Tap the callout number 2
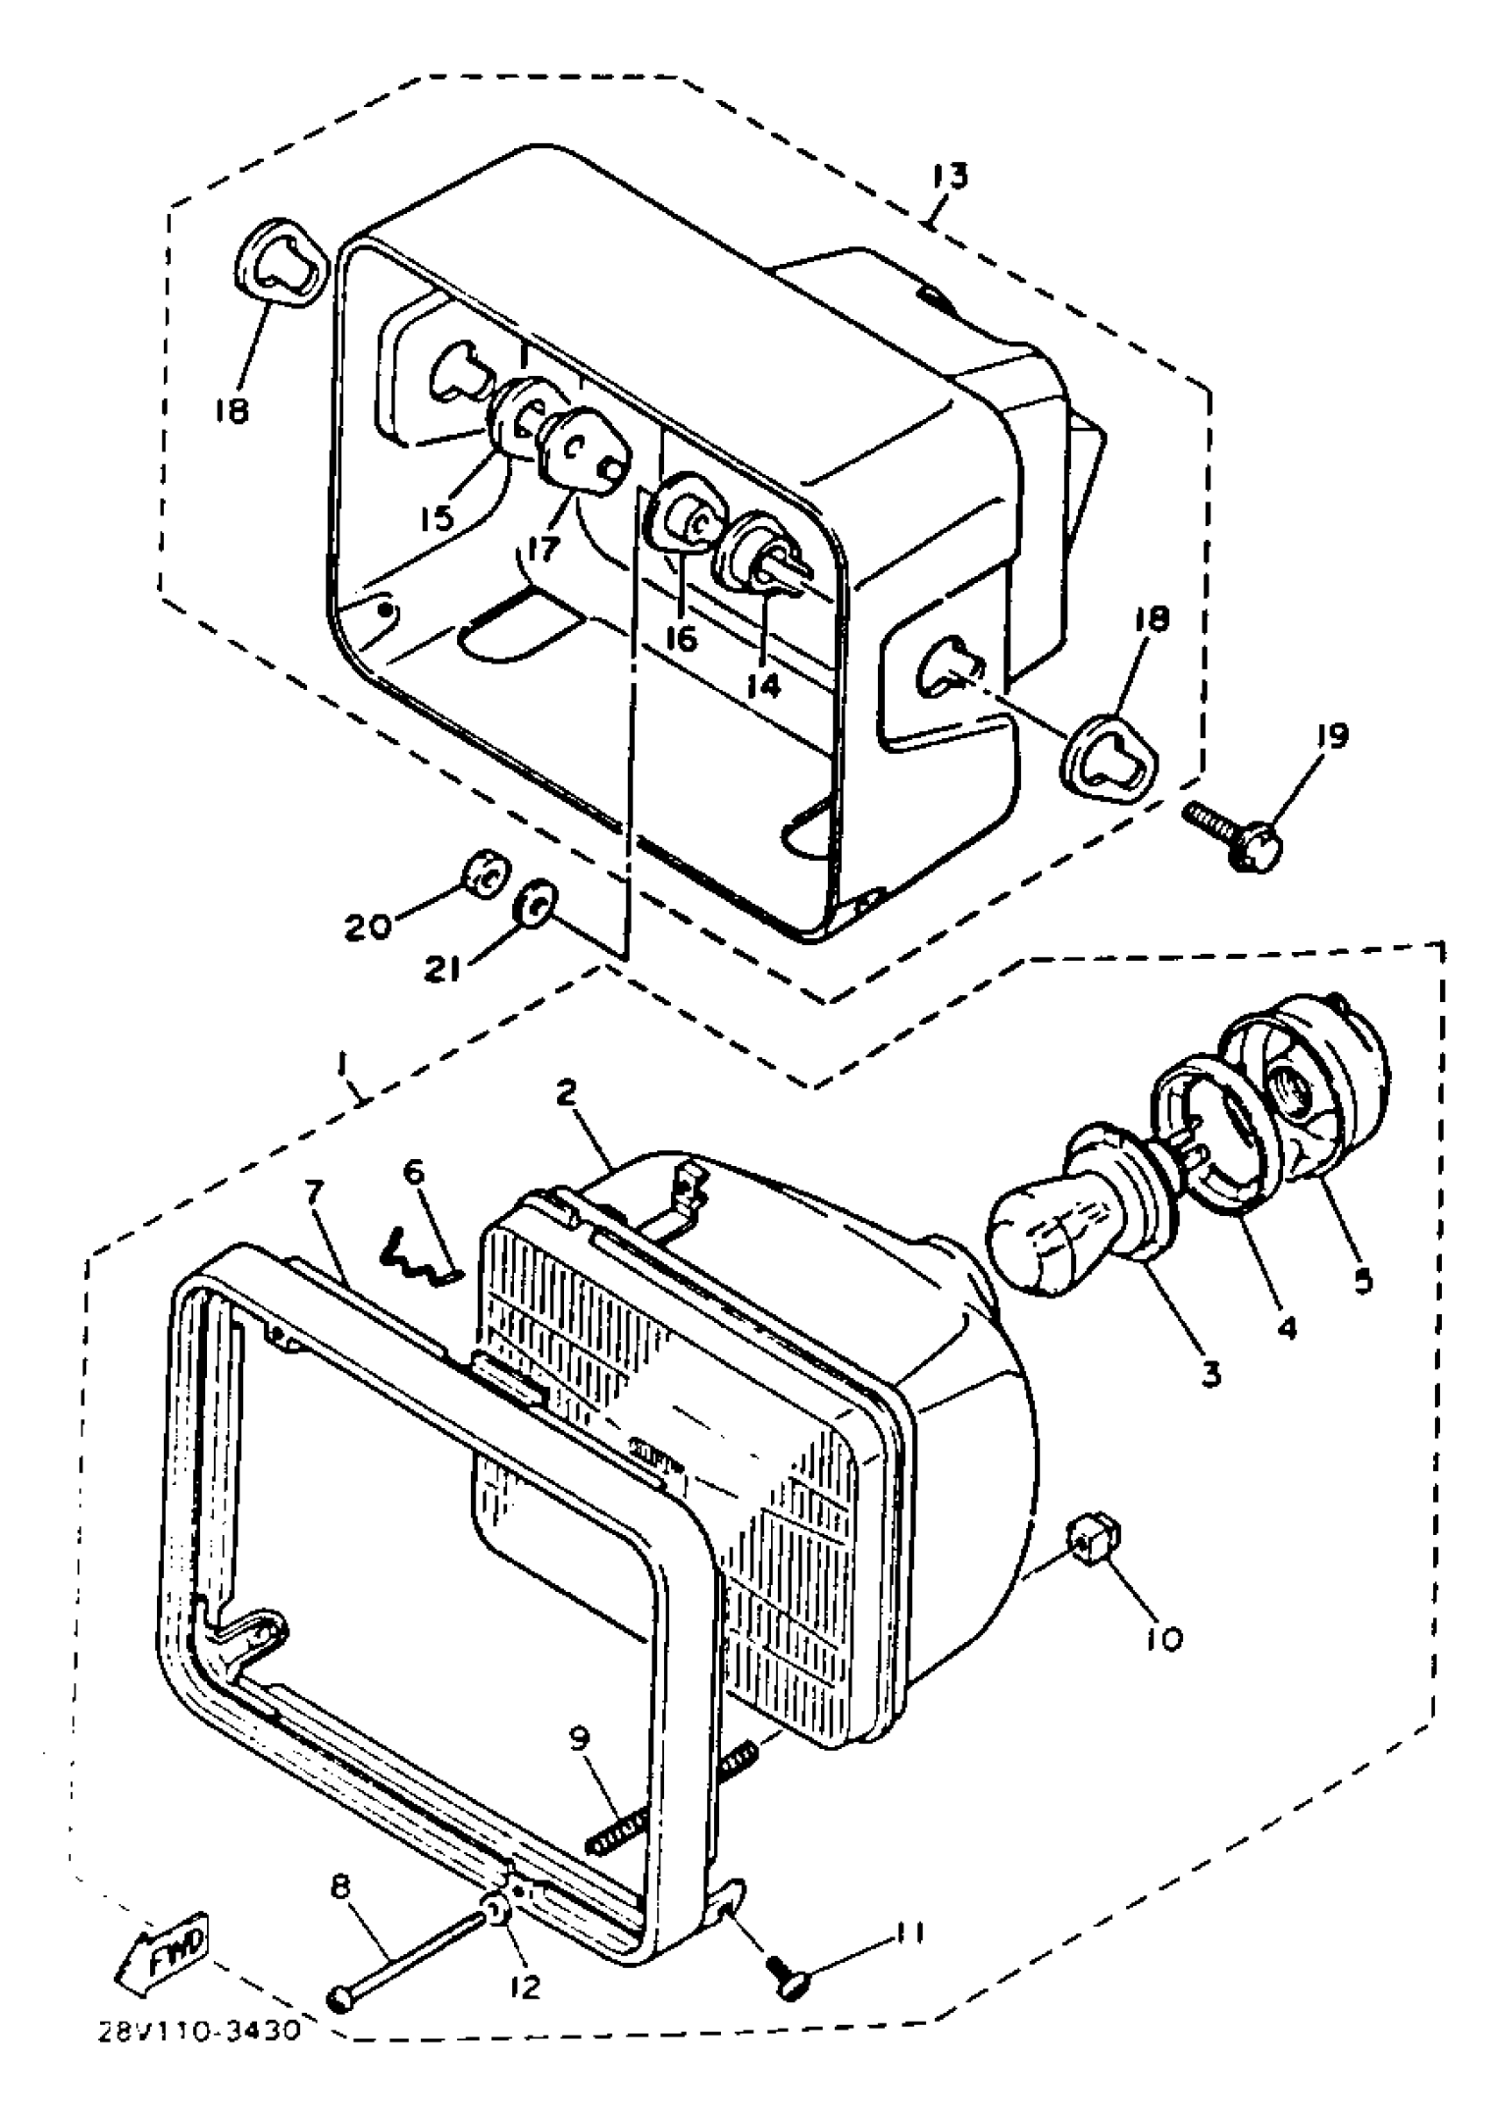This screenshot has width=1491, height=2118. point(567,1094)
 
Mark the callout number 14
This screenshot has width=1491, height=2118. point(764,685)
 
